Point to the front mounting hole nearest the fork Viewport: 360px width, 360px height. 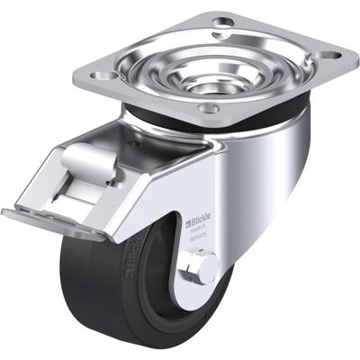(209, 110)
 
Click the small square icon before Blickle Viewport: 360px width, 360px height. (188, 220)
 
